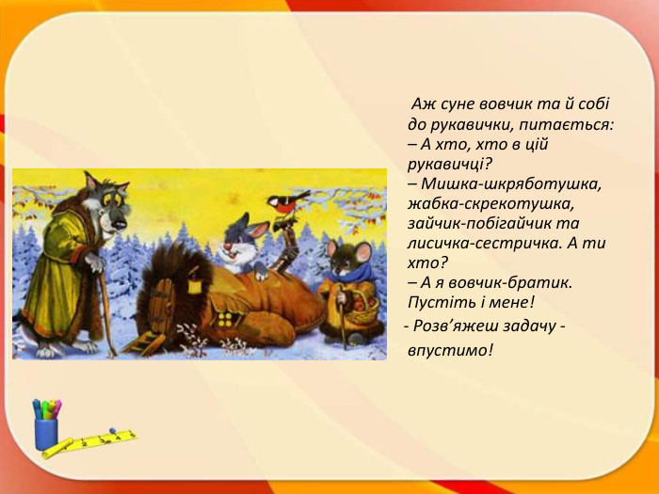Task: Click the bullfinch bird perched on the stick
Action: point(287,200)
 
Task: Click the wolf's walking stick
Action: point(106,301)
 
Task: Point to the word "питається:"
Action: point(574,124)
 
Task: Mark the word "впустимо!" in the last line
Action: point(450,350)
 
